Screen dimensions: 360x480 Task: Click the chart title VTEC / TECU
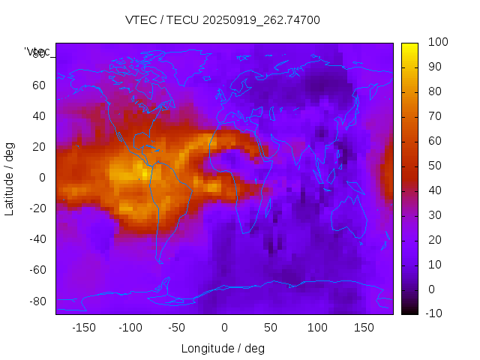pos(222,20)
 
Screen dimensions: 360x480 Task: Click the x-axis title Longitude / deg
pos(223,348)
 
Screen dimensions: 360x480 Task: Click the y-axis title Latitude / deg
pos(10,177)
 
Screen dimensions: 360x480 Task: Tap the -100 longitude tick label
pos(130,328)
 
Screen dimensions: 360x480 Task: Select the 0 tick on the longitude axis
pos(223,328)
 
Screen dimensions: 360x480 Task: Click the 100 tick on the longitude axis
pos(317,328)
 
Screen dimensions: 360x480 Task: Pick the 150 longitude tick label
pos(364,328)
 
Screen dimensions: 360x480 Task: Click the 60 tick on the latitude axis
pos(39,85)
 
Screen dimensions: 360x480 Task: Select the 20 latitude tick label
pos(39,146)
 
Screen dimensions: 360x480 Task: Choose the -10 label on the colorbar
pos(436,313)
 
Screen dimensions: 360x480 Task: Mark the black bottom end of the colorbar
pos(409,310)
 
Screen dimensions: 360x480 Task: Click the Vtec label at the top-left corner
pos(37,52)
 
